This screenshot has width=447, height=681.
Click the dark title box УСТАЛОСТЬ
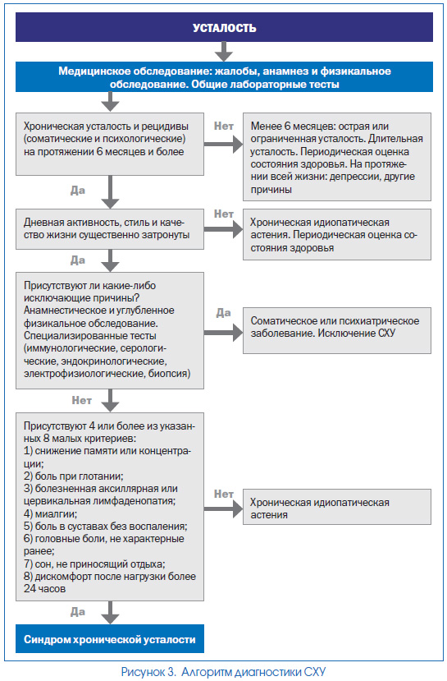pyautogui.click(x=224, y=27)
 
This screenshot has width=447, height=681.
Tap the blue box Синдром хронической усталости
pyautogui.click(x=110, y=639)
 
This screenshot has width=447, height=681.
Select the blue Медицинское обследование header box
pyautogui.click(x=224, y=77)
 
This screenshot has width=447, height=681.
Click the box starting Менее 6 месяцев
pyautogui.click(x=337, y=157)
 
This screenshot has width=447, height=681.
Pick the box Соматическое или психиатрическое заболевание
pyautogui.click(x=337, y=330)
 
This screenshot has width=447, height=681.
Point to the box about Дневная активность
pyautogui.click(x=110, y=229)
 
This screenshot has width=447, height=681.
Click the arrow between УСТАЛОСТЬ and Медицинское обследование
pyautogui.click(x=224, y=52)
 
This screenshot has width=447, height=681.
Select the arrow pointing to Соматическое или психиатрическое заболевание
pyautogui.click(x=223, y=333)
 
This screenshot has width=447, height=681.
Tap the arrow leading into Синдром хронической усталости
pyautogui.click(x=110, y=613)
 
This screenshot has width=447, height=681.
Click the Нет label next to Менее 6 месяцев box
pyautogui.click(x=224, y=126)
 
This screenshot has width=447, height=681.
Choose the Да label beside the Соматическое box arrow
pyautogui.click(x=223, y=313)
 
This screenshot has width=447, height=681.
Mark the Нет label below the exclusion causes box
pyautogui.click(x=81, y=400)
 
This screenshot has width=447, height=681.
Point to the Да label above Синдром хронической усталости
pyautogui.click(x=78, y=611)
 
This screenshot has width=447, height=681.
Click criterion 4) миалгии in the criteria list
pyautogui.click(x=50, y=513)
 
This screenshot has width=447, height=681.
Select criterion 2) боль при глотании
pyautogui.click(x=74, y=476)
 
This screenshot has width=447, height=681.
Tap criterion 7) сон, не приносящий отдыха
pyautogui.click(x=94, y=564)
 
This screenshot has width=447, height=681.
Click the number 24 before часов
pyautogui.click(x=30, y=589)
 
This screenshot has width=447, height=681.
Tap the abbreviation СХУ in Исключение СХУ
pyautogui.click(x=387, y=334)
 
